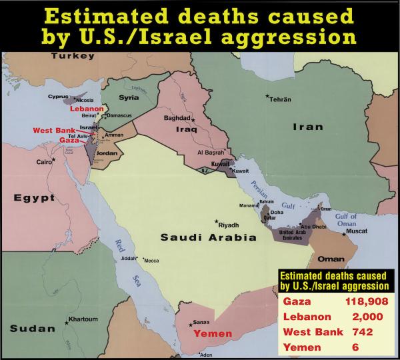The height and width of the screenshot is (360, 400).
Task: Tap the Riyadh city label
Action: coord(228,225)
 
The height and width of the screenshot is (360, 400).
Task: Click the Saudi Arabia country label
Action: coord(199,237)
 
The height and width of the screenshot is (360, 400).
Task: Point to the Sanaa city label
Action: coord(200,322)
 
